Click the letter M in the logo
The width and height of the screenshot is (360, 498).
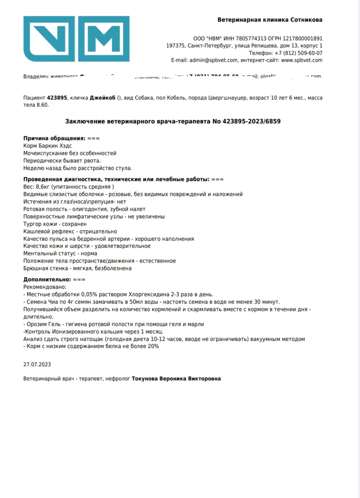click(x=104, y=39)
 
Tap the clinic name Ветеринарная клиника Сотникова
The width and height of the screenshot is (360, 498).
click(x=270, y=20)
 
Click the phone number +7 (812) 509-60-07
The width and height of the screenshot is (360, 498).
click(x=299, y=53)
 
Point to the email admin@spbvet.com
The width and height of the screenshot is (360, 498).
click(x=213, y=60)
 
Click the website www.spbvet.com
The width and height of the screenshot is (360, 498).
click(x=301, y=60)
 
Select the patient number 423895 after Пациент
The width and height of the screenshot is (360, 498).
click(x=57, y=98)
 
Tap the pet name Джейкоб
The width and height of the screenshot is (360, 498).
click(x=102, y=98)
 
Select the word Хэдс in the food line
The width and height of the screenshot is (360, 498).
click(x=65, y=146)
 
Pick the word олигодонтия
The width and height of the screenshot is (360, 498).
click(x=89, y=209)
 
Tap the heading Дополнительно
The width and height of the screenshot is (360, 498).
click(x=47, y=279)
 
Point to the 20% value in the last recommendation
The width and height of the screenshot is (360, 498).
click(x=153, y=346)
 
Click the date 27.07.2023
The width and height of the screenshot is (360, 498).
click(x=37, y=364)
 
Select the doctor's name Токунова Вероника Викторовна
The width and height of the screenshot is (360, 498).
click(x=176, y=378)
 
